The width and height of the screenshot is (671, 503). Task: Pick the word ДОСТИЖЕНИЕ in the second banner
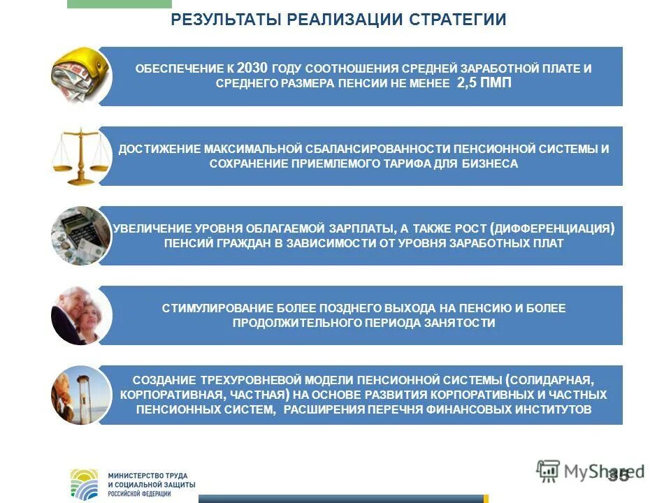(159, 149)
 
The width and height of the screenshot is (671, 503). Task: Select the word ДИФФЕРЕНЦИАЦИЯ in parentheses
(553, 228)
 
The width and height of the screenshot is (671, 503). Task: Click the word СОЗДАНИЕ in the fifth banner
(160, 380)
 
